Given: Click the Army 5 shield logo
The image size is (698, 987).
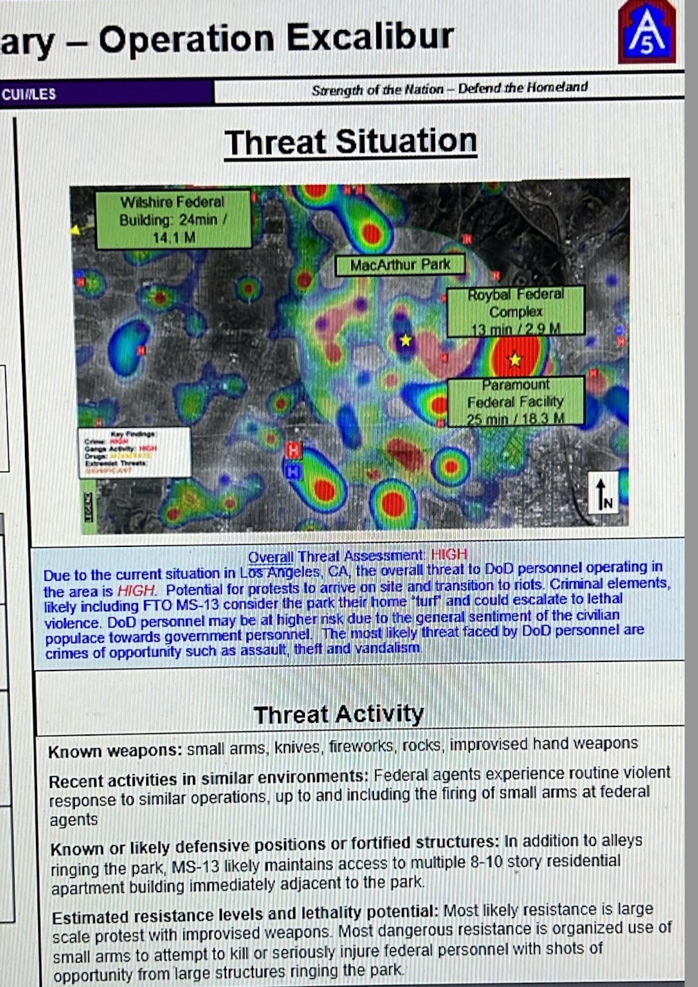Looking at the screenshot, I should click(647, 33).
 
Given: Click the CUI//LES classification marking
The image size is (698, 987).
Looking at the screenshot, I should click(29, 94).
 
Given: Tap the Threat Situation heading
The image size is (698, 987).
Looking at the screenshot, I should click(351, 142).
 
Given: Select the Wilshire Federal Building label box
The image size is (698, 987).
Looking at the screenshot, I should click(173, 219).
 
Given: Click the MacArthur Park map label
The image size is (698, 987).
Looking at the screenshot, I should click(400, 265).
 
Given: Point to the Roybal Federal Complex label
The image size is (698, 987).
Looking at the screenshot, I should click(515, 311).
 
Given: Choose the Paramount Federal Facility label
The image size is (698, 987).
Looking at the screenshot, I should click(515, 401).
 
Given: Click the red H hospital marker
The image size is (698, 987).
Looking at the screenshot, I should click(294, 450).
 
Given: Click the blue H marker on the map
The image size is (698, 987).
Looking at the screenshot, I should click(293, 472).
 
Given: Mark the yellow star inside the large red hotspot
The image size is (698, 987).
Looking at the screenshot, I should click(514, 360).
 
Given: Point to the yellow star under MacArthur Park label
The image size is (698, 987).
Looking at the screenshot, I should click(405, 340).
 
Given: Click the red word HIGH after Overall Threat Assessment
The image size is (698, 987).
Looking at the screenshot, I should click(449, 555).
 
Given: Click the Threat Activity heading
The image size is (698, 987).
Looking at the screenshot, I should click(339, 714).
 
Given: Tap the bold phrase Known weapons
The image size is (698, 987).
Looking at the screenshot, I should click(115, 751).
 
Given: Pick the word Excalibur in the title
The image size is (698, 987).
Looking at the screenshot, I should click(370, 38).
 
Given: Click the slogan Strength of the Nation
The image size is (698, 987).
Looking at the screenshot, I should click(377, 90).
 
